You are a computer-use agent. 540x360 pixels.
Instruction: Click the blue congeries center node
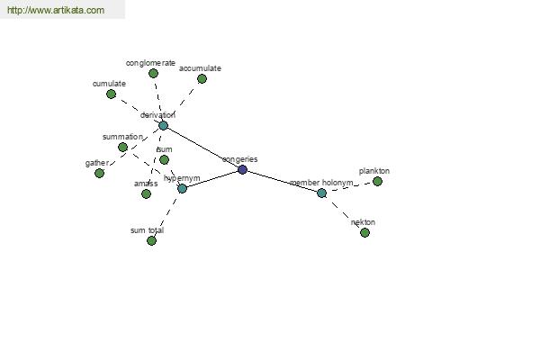click(242, 169)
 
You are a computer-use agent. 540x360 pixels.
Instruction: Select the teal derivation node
click(163, 125)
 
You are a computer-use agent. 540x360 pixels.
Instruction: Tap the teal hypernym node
click(182, 188)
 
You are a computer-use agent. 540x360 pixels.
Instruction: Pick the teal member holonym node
click(321, 193)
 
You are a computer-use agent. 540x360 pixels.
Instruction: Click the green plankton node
click(377, 181)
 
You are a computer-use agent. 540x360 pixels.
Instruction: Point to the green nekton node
click(364, 232)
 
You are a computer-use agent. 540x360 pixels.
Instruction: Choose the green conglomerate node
click(153, 74)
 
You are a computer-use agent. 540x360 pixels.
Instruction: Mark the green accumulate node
click(202, 79)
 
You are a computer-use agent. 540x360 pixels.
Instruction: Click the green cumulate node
click(111, 94)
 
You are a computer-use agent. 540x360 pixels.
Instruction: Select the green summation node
click(122, 148)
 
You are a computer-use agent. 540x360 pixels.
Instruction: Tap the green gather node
click(99, 174)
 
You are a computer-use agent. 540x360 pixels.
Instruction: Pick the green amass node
click(146, 194)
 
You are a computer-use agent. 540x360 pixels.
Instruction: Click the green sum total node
click(151, 241)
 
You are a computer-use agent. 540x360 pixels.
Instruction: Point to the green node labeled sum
click(165, 160)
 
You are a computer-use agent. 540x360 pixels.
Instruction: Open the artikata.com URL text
click(56, 10)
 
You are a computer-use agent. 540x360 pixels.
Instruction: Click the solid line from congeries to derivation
click(202, 148)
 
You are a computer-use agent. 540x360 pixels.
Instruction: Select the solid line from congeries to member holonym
click(282, 181)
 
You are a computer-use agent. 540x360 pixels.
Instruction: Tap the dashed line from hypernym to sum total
click(167, 214)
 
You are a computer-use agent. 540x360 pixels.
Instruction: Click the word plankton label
click(374, 171)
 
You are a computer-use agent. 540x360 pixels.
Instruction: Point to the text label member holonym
click(321, 183)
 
